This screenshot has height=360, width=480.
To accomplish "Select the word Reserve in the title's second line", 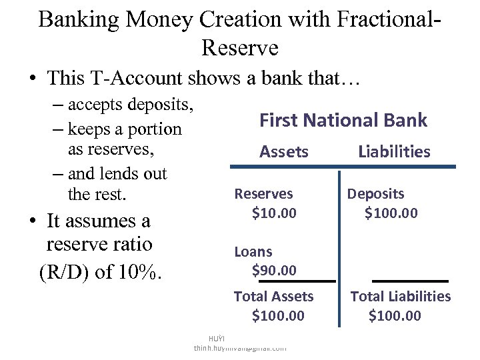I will pos(239,47).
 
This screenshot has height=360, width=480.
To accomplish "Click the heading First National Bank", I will pos(343,120).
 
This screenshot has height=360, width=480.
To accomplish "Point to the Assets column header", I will pos(283,151).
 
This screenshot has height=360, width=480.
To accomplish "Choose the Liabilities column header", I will pos(394,151).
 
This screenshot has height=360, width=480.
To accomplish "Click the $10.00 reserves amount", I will pos(274,213).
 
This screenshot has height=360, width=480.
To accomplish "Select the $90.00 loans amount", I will pos(274,270).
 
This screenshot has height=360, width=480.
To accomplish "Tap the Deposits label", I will pos(375,194).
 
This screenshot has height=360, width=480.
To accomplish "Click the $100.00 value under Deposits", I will pos(391,213).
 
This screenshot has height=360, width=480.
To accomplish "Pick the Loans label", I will pos(253,251).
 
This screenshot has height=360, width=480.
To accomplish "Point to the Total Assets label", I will pos(273,297).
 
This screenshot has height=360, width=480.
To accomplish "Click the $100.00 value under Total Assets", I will pos(278,315).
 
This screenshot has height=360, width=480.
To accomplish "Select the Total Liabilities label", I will pos(401,297).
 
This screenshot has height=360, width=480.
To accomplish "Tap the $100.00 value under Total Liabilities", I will pos(395,315).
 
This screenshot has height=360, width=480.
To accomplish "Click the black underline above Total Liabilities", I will pos(410,281).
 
